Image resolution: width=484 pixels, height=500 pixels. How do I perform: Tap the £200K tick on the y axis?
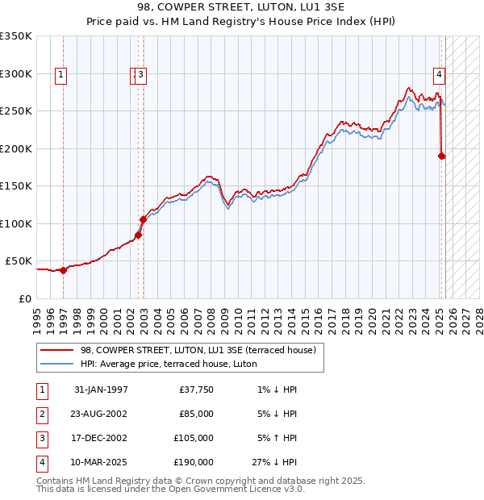point(15,148)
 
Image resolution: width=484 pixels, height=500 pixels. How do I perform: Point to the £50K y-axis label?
point(18,261)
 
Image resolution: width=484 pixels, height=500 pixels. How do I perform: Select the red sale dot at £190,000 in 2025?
point(442,156)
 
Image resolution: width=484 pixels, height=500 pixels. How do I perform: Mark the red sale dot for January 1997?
point(63,270)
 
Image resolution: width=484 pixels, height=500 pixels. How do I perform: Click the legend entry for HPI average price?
point(169,364)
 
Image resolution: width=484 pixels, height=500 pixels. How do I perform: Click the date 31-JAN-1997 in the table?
point(100,390)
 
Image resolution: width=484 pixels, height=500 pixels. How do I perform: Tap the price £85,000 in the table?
point(195,415)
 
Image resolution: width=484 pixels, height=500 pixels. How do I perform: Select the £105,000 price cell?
point(193,439)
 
